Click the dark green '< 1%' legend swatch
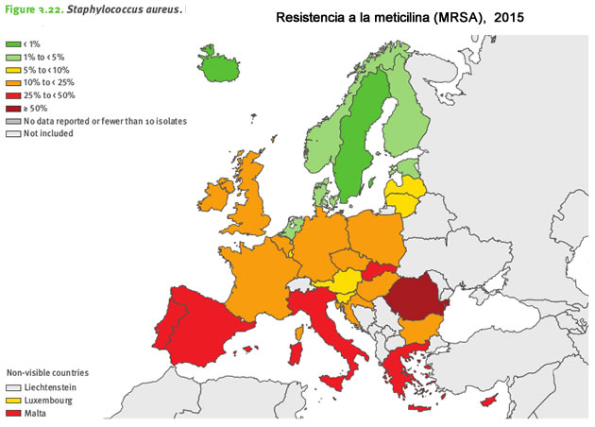14,44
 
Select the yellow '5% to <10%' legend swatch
14,70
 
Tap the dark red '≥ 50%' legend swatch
14,109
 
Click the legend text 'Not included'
48,134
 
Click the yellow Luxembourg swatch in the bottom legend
14,400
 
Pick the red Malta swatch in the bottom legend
14,413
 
